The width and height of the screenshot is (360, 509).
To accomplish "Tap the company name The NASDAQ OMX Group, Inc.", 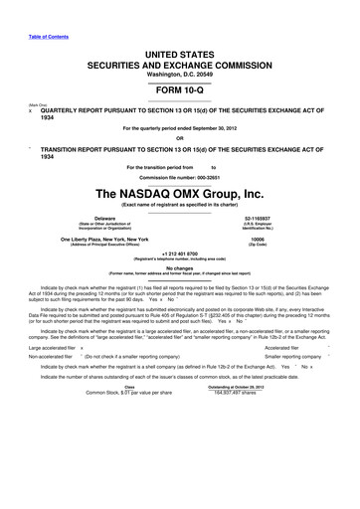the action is pyautogui.click(x=179, y=192).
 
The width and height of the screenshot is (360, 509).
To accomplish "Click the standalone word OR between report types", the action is pyautogui.click(x=180, y=138).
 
